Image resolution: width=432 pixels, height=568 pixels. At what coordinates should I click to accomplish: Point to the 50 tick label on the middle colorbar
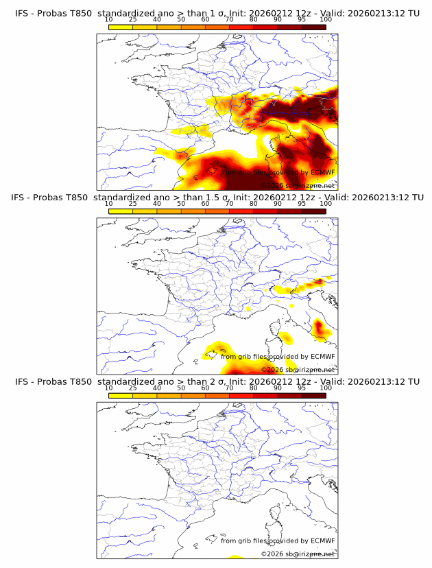[x=181, y=204]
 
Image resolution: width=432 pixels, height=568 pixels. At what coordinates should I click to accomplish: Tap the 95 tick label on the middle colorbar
[x=302, y=204]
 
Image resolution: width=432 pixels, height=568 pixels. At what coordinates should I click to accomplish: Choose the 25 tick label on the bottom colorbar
[x=133, y=388]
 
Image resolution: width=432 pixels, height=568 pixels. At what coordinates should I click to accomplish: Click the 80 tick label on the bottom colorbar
[x=254, y=388]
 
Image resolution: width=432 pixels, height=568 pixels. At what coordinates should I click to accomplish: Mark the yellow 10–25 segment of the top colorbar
[x=121, y=28]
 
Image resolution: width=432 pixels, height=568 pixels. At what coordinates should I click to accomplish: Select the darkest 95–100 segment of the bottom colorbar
[x=313, y=395]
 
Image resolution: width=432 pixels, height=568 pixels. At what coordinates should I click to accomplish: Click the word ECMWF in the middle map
[x=323, y=357]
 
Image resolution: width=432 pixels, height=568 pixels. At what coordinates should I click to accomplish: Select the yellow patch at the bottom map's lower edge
[x=235, y=556]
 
